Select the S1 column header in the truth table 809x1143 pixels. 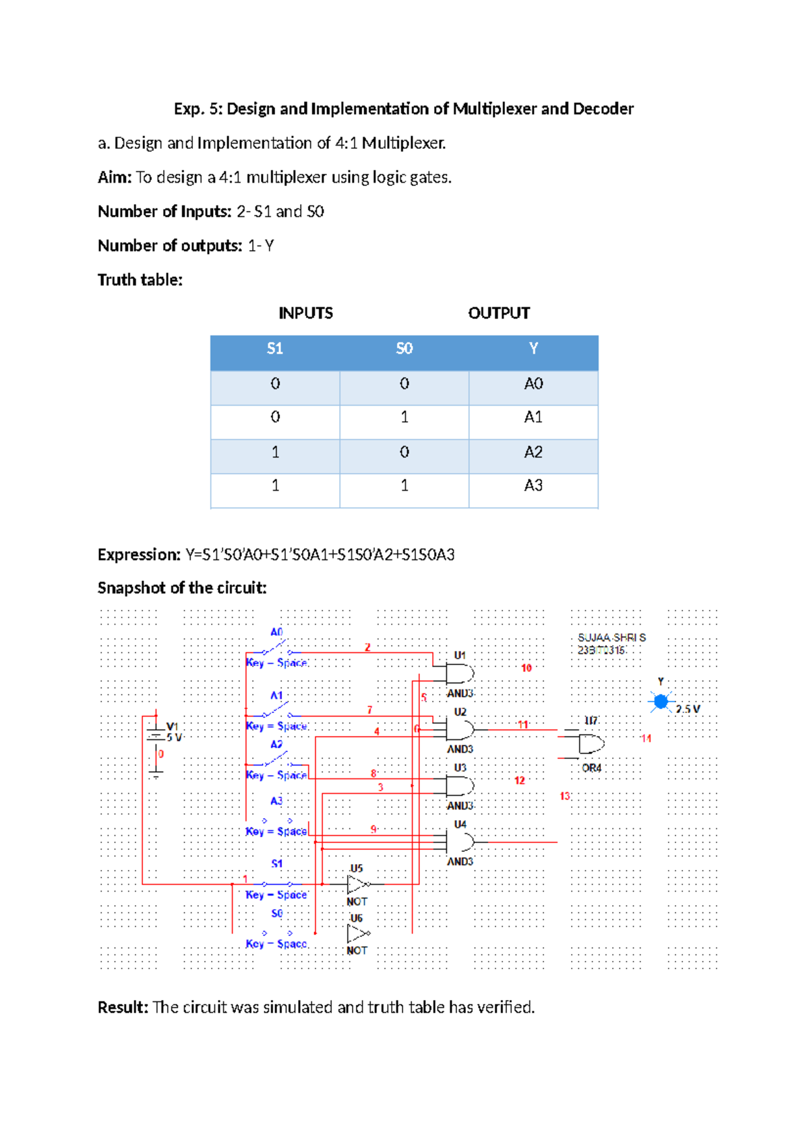274,348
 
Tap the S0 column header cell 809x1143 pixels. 404,348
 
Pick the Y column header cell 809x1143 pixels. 533,348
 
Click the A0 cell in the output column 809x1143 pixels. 533,383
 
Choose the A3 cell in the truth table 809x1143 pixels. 533,485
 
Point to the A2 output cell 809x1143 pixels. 533,452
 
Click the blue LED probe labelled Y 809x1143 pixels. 661,702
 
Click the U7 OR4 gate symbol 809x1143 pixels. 591,744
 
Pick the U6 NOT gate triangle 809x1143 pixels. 357,933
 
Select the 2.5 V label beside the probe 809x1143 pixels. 688,709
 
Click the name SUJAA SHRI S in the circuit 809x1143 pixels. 611,637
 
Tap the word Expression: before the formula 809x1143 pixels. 139,555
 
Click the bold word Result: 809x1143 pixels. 123,1007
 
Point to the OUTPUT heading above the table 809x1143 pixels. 499,313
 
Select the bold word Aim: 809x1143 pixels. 115,177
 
